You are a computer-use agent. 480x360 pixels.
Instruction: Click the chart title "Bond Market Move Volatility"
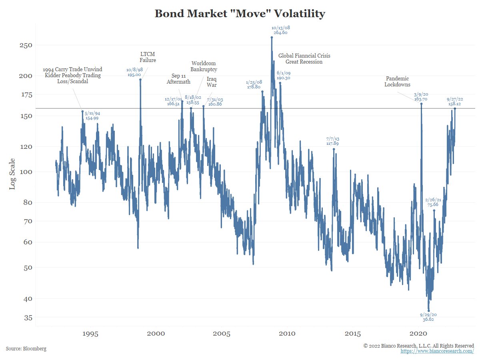(x=240, y=14)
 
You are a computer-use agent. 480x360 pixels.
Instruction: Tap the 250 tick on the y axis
(x=26, y=45)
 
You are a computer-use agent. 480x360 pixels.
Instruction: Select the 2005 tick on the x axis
(x=221, y=334)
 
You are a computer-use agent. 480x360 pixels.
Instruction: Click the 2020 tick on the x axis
(x=418, y=334)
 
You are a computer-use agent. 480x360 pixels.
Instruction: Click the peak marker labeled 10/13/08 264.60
(x=272, y=37)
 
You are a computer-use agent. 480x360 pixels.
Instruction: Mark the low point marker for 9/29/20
(x=429, y=311)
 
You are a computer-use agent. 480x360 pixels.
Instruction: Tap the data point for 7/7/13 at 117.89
(x=334, y=149)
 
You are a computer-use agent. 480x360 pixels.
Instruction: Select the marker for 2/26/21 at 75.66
(x=434, y=210)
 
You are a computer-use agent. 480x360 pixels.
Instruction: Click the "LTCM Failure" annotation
(x=148, y=57)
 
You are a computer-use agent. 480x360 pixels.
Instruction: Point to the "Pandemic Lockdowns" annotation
(x=397, y=82)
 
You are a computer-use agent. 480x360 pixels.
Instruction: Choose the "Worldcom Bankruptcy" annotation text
(x=204, y=66)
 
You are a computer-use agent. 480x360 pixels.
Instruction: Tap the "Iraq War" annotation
(x=212, y=82)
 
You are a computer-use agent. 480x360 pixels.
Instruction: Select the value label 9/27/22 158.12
(x=455, y=102)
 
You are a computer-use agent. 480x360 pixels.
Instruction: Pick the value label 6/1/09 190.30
(x=283, y=76)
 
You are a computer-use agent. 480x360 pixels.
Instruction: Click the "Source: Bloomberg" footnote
(x=26, y=349)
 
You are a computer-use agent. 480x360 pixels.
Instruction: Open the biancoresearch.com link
(x=437, y=351)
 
